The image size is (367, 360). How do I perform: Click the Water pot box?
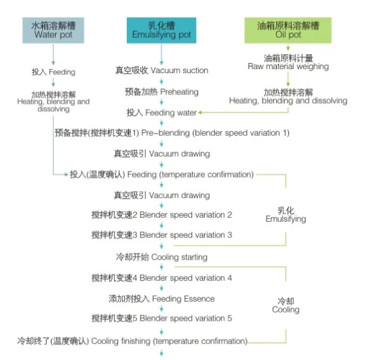point(53,31)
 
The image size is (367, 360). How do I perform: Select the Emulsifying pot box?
point(161,31)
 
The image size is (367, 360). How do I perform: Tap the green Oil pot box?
point(288,31)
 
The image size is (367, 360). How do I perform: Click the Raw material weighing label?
point(288,62)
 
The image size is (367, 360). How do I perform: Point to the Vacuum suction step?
point(161,71)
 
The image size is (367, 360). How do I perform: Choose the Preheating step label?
point(161,92)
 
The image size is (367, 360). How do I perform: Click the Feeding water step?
point(161,113)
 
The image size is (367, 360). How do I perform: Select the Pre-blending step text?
point(172,133)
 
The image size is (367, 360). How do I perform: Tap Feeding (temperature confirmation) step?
point(161,174)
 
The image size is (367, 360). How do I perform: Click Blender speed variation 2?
point(161,215)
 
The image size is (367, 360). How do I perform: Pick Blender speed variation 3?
point(161,235)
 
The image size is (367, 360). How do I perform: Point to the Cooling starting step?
point(161,257)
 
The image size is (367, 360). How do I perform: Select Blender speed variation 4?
point(161,278)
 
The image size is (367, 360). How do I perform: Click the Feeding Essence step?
point(161,299)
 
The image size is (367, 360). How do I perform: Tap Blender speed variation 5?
point(161,318)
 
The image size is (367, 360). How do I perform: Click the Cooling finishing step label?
point(132,341)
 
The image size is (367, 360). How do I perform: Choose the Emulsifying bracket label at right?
point(286,215)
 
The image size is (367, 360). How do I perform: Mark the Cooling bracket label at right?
point(286,305)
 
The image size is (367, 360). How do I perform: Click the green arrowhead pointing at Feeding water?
point(200,113)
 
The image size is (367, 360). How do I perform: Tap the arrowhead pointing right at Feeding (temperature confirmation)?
point(66,174)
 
